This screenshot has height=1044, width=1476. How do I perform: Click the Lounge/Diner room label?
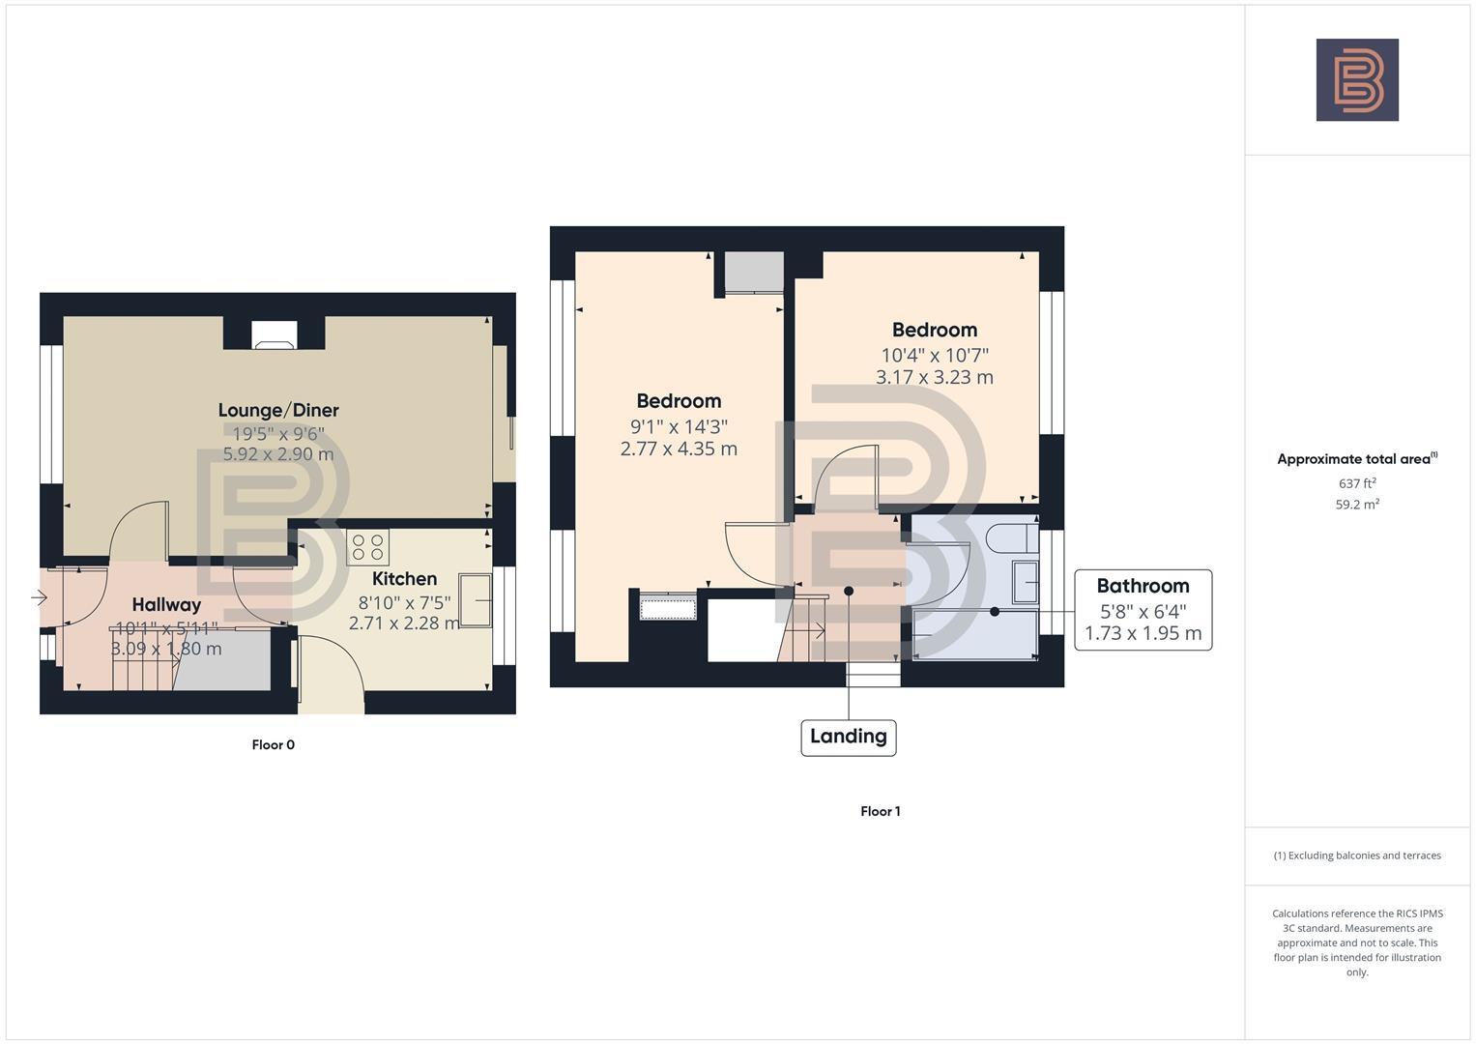pos(278,410)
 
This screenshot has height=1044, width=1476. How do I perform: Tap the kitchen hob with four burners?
pos(367,547)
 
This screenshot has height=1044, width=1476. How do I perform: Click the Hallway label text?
pos(166,605)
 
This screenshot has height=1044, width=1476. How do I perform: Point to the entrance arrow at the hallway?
pos(39,598)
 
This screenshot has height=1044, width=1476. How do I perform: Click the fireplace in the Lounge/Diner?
pos(275,335)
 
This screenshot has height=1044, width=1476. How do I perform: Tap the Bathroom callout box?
pos(1143,609)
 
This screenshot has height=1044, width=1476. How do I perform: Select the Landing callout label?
pos(848,737)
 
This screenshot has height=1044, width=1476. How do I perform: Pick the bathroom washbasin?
pos(1025,582)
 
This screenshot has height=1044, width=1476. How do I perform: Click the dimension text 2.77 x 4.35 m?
pos(679,449)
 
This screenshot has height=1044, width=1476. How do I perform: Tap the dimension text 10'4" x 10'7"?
pos(934,356)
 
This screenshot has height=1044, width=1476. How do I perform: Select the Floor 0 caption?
pos(273,745)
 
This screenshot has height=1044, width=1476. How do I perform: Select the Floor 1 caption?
pos(880,812)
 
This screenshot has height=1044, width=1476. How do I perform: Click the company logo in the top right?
pos(1356,80)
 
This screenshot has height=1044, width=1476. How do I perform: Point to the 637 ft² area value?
pos(1357,483)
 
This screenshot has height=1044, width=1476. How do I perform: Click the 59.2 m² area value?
pos(1357,505)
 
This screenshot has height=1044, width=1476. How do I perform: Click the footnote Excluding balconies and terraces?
pos(1357,855)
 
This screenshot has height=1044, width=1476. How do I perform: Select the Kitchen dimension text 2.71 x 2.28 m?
pos(404,623)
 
